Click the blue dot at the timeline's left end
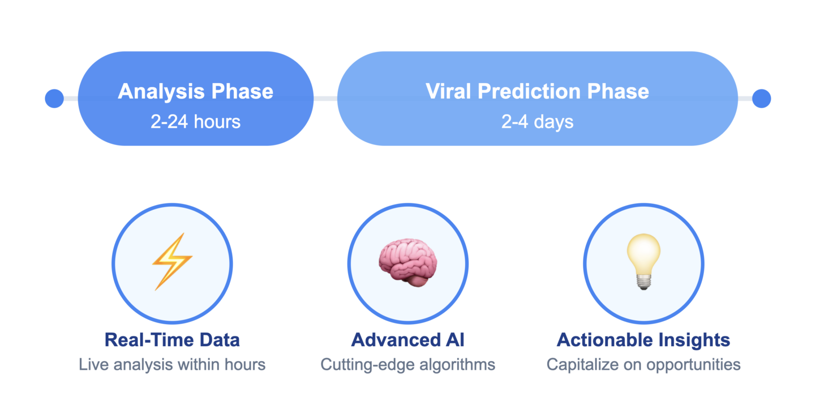coord(54,99)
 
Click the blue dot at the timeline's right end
coord(761,99)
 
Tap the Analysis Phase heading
coord(196,92)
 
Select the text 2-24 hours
coord(196,122)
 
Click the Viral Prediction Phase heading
coord(538,91)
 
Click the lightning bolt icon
coord(172,262)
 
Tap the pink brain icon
coord(408,262)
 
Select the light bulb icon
coord(643,262)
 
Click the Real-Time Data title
coord(172,340)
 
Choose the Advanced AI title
coord(408,340)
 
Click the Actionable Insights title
coord(643,340)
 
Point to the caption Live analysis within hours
coord(172,365)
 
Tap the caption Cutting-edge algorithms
coord(408,365)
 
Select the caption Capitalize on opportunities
coord(643,365)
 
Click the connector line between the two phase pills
coord(326,99)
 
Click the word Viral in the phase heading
coord(448,91)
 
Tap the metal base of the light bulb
coord(643,283)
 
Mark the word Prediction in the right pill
coord(529,91)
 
